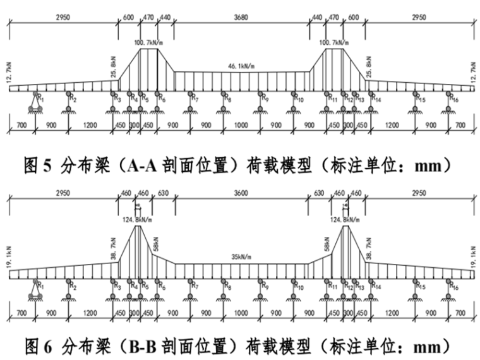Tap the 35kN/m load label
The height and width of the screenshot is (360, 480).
(x=241, y=258)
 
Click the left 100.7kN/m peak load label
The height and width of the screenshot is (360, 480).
(x=149, y=43)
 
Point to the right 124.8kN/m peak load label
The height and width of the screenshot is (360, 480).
(x=345, y=220)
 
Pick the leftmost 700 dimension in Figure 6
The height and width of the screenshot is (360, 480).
(x=22, y=312)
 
